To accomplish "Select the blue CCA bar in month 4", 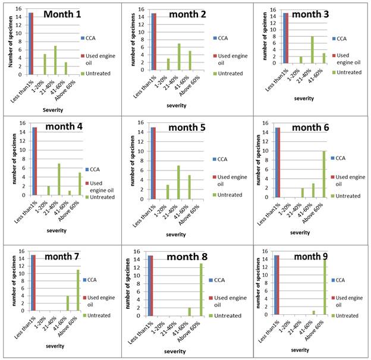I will click(x=29, y=162).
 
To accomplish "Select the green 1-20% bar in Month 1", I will click(x=45, y=65).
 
